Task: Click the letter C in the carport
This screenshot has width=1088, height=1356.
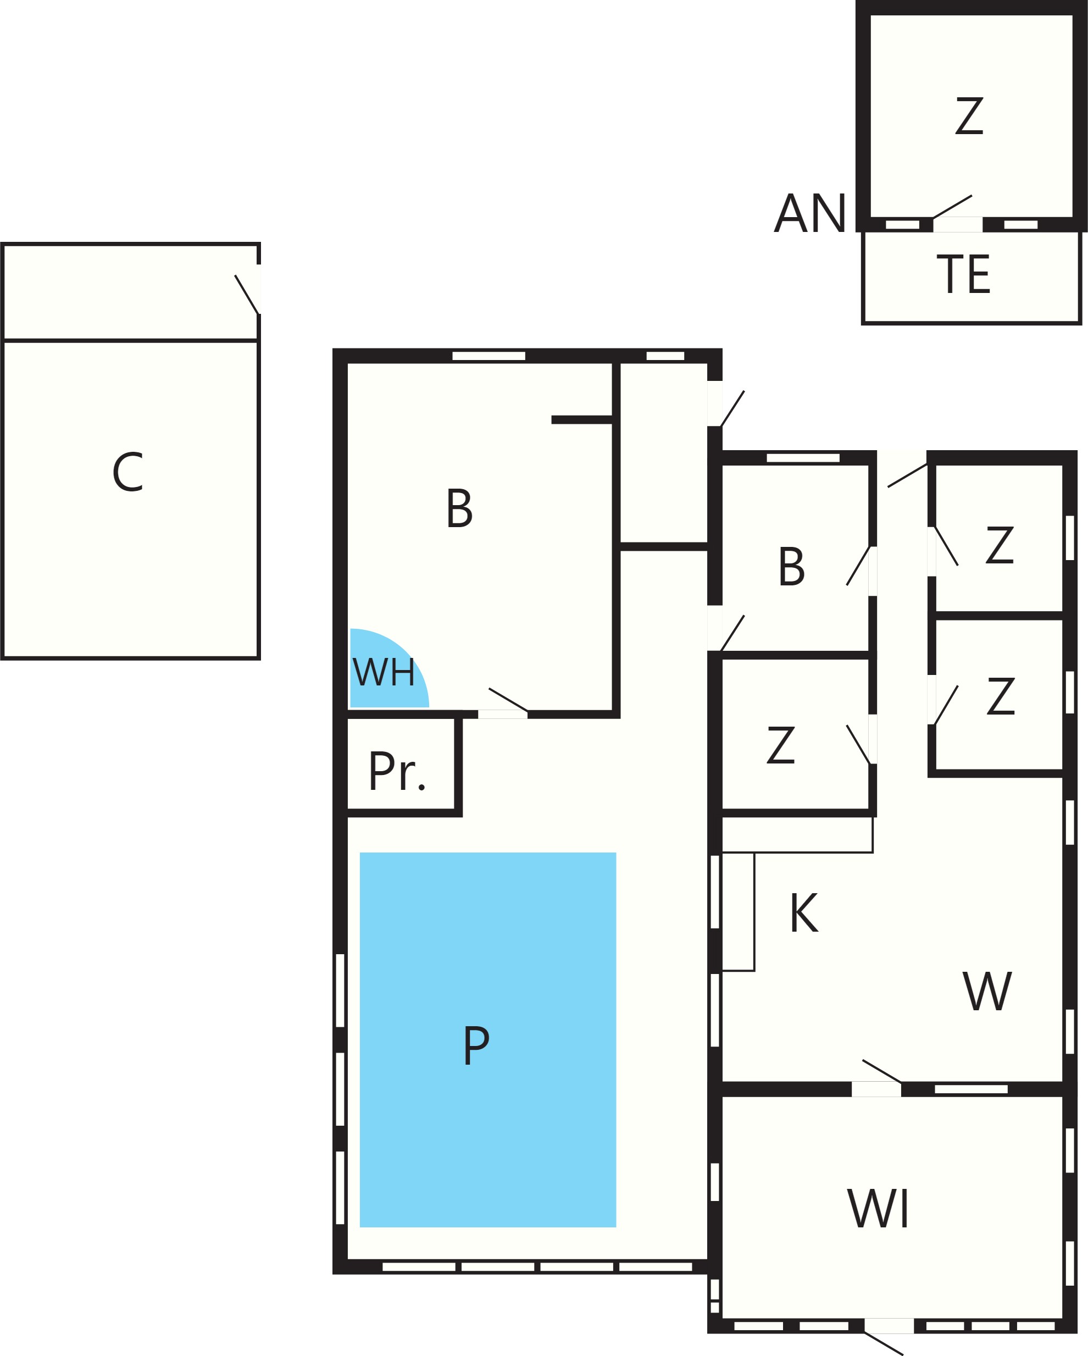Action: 128,472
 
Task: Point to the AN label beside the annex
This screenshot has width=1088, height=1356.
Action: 810,213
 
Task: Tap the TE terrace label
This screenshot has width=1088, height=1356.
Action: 963,274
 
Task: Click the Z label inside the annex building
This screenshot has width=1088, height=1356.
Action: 969,116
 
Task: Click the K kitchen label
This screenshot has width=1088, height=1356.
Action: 804,912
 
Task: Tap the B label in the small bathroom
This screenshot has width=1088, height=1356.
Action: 792,566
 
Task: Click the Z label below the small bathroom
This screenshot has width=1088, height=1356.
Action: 780,745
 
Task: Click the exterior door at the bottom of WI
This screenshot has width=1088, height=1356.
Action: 887,1335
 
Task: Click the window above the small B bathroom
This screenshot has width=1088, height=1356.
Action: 803,458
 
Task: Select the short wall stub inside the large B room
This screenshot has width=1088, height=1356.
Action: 582,419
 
